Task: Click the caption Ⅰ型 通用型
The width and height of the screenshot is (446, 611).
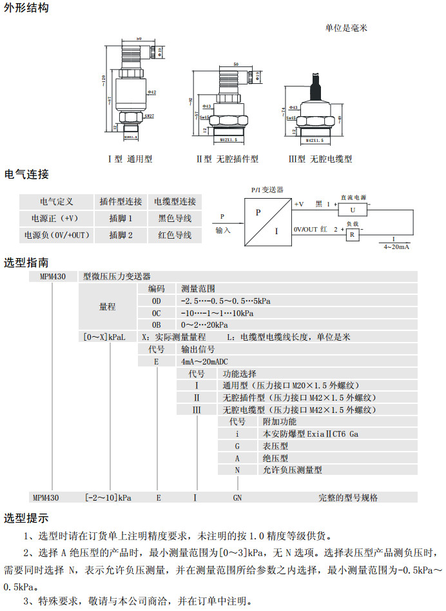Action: tap(130, 159)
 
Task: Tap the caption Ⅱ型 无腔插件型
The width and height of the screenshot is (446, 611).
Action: tap(228, 159)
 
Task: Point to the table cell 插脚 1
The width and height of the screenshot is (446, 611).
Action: tap(121, 219)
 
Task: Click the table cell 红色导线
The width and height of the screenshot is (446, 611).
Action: tap(175, 235)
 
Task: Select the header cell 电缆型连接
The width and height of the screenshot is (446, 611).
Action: tap(175, 202)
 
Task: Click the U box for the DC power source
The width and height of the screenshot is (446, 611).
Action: tap(353, 210)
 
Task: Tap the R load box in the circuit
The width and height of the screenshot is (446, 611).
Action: tap(352, 235)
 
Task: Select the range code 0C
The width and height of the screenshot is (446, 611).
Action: tap(156, 313)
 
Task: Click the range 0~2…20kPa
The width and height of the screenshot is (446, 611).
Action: tap(204, 325)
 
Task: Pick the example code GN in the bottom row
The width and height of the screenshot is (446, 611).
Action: tap(237, 497)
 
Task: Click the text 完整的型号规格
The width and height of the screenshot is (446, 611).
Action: tap(348, 497)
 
